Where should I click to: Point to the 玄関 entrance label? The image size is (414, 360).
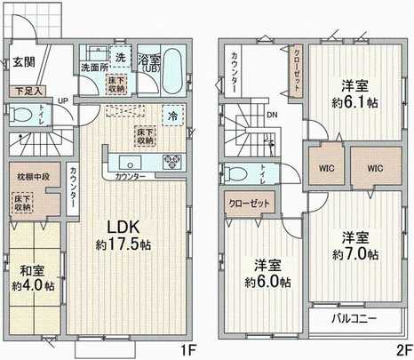tap(24, 62)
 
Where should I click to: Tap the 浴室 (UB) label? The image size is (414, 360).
tap(148, 62)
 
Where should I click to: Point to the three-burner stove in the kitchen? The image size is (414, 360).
tap(171, 163)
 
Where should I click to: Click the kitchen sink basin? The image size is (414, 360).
tap(125, 163)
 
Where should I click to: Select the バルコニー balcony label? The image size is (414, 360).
tap(354, 317)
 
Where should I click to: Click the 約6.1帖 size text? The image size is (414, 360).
tap(356, 93)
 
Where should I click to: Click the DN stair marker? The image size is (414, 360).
tap(272, 116)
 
